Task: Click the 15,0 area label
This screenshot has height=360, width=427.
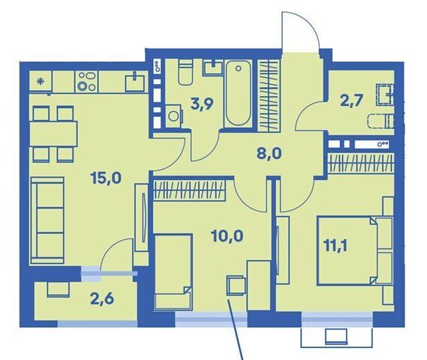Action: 106,178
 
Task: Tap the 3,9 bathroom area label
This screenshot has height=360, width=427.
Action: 202,104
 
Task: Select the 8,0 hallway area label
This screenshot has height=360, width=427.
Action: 269,154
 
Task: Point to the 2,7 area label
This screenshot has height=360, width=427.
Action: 351,100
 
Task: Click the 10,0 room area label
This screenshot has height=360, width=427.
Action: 227,235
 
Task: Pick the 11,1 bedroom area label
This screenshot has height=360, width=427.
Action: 335,245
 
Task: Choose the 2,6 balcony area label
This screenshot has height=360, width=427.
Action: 102,299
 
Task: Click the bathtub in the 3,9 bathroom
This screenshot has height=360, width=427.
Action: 239,93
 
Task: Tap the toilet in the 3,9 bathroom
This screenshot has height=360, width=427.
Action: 185,72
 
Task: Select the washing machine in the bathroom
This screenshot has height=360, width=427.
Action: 173,116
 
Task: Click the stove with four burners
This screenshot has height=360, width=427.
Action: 86,81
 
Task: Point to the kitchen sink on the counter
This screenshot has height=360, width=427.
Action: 135,82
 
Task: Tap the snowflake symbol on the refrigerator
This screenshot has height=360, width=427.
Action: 41,81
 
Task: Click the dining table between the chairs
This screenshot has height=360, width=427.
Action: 53,134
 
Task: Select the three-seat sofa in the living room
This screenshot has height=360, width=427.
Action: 47,220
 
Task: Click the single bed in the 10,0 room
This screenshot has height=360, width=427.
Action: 173,271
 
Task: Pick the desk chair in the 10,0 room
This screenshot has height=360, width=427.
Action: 236,286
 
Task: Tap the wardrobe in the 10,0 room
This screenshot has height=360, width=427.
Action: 190,190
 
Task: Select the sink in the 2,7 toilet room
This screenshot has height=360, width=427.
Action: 385,95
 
